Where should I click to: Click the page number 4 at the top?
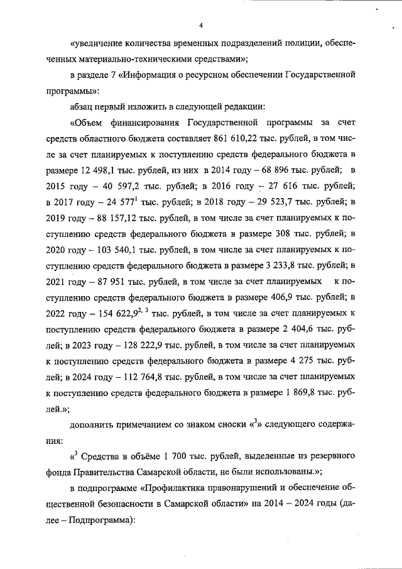pos(201,25)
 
